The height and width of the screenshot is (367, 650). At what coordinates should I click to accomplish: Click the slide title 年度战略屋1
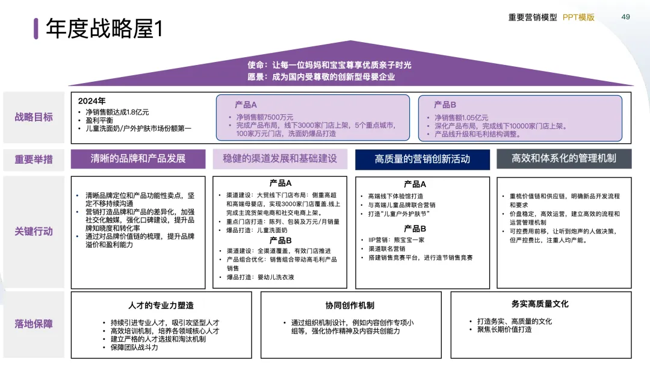[104, 28]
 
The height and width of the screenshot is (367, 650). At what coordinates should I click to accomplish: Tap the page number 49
[625, 17]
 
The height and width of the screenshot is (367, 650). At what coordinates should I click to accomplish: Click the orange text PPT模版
[578, 17]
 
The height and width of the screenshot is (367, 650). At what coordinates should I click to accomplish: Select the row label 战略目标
[34, 117]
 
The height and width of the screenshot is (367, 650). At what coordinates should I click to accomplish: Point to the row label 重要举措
[34, 159]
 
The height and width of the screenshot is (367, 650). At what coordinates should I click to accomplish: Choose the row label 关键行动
[34, 232]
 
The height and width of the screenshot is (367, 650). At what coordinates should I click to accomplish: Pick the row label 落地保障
[34, 324]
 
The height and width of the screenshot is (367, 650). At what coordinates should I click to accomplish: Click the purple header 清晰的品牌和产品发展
[138, 159]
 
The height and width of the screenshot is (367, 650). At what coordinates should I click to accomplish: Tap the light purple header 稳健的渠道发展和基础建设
[280, 159]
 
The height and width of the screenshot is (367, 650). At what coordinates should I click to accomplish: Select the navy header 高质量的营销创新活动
[422, 159]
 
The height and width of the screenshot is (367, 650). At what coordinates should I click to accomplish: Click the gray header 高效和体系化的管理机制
[563, 159]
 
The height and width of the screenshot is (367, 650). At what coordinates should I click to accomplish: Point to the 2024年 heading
[92, 101]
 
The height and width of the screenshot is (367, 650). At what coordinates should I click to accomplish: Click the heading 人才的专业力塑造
[161, 305]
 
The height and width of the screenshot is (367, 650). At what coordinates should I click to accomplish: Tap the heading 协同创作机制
[350, 305]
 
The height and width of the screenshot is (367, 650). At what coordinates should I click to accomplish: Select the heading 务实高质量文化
[540, 304]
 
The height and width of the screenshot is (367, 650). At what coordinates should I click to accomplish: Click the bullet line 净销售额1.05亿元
[462, 118]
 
